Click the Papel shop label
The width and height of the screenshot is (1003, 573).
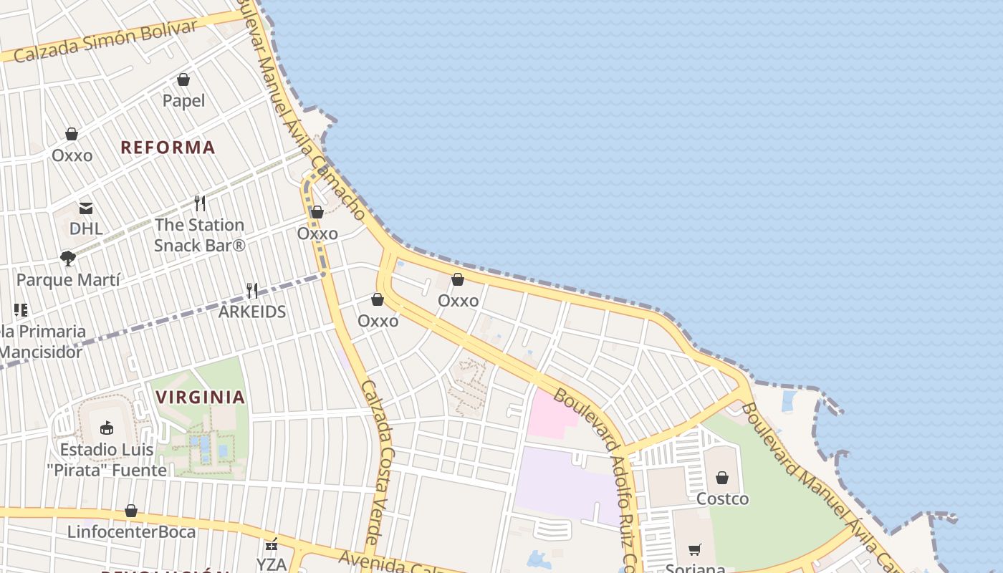coord(183,101)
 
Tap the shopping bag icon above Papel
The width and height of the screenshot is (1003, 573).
coord(183,80)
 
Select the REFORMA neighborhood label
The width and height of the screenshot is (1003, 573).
coord(168,148)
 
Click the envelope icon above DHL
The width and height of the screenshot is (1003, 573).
coord(86,208)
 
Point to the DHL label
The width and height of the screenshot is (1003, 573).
coord(86,229)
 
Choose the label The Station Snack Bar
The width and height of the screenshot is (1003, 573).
coord(200,235)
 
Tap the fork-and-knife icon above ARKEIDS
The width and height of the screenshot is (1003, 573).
coord(251,291)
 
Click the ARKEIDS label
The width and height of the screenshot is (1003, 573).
coord(252,312)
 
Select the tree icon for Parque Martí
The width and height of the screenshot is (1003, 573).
coord(68,259)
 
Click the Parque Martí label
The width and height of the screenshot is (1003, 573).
coord(68,280)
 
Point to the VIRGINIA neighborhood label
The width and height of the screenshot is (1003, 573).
coord(201,397)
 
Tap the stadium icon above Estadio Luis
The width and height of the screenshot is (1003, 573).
coord(107,428)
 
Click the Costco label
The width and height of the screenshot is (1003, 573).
coord(722,499)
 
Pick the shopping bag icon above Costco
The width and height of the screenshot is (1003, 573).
coord(722,478)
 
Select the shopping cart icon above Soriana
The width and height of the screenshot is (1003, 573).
coord(694,550)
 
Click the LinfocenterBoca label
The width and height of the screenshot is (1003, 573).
coord(131,532)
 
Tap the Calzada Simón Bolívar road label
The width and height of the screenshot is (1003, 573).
coord(105,41)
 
